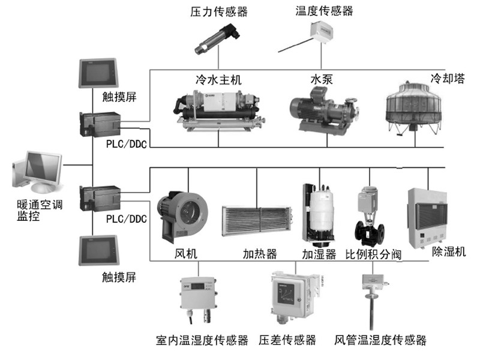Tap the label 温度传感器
[324, 11]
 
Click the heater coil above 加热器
[257, 223]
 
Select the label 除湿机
[449, 251]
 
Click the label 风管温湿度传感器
[380, 340]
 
